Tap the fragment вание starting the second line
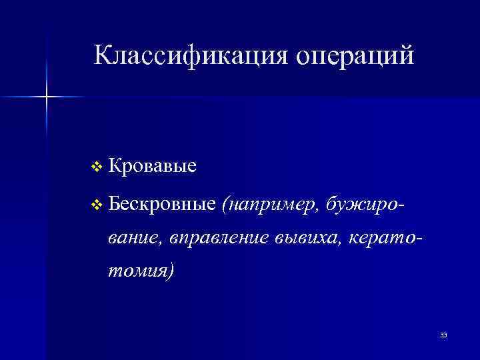135,237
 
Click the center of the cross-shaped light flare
47,97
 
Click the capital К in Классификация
102,55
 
